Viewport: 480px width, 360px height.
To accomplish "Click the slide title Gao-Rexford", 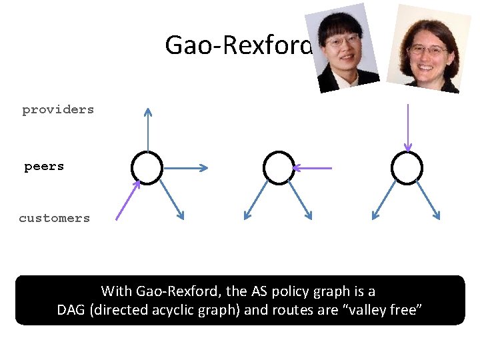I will [238, 45].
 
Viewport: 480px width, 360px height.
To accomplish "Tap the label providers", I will [58, 109].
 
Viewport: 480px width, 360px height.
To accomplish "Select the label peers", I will [44, 166].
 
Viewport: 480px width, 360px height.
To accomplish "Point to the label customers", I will [54, 218].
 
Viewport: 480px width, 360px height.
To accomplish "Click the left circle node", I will [147, 167].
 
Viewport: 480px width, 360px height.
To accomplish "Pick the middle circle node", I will [279, 167].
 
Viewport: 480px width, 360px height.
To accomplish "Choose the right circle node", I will [407, 167].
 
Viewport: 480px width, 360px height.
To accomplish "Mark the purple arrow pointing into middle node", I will [313, 168].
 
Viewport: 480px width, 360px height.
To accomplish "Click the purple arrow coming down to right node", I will [407, 127].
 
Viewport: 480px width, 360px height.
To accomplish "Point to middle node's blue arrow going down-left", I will [257, 201].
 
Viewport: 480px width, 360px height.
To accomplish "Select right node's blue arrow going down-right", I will [427, 201].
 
